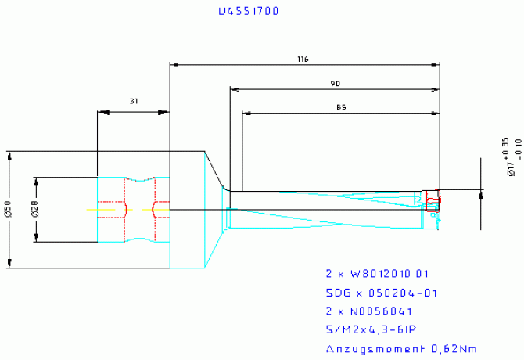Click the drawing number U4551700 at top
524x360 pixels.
click(x=248, y=11)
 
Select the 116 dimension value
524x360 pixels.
click(x=303, y=59)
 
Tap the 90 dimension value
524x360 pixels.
click(x=335, y=83)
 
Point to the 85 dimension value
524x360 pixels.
click(x=340, y=106)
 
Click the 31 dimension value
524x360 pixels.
click(x=134, y=103)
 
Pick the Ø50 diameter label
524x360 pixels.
click(x=8, y=209)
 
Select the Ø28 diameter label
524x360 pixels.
click(x=36, y=209)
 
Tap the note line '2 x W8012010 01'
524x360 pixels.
click(x=377, y=274)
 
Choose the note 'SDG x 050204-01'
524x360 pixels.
click(x=381, y=293)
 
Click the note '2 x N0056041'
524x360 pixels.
click(x=369, y=311)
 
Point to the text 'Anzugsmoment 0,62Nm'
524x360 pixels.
click(x=401, y=348)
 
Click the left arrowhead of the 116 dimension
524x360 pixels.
click(x=175, y=65)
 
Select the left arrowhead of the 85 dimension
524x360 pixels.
click(x=247, y=113)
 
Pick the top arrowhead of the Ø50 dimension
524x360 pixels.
click(x=9, y=155)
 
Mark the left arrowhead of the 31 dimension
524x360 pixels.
click(x=101, y=112)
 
